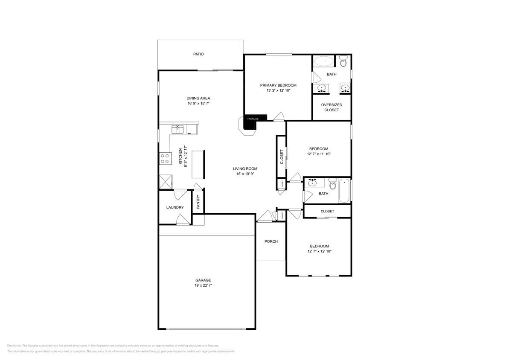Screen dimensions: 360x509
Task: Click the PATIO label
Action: (x=198, y=54)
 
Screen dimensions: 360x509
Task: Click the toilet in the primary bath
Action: (x=344, y=62)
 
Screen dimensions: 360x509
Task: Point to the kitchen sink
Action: (x=177, y=128)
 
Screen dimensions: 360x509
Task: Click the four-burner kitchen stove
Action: (x=164, y=159)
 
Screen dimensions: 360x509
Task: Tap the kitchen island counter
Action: (x=198, y=164)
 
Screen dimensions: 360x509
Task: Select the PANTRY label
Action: (x=198, y=202)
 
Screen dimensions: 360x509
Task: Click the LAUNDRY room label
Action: (x=175, y=208)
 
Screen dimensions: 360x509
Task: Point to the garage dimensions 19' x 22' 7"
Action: (x=204, y=285)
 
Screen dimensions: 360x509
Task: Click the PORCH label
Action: (x=271, y=241)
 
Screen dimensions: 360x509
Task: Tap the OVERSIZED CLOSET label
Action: (x=332, y=107)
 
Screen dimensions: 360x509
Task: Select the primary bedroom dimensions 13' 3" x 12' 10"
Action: (x=278, y=90)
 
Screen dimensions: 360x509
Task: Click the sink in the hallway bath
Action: (x=313, y=183)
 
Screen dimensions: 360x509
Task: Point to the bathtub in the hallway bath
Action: (x=344, y=191)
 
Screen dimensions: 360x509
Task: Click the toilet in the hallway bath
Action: (x=333, y=185)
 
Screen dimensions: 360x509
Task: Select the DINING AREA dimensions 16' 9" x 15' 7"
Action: (x=198, y=103)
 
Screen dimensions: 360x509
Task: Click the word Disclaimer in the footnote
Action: (x=14, y=345)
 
